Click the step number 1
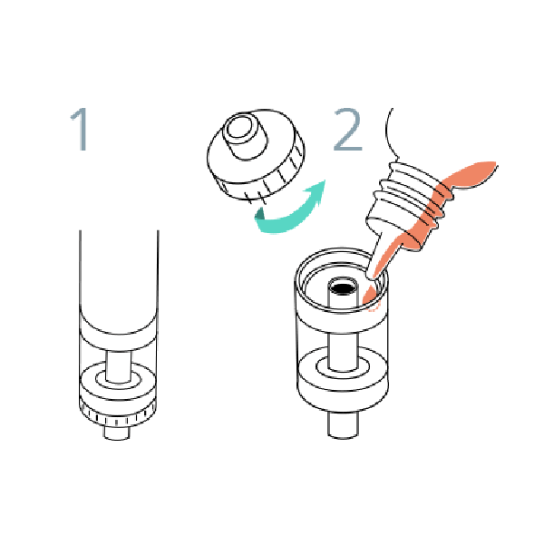(81, 129)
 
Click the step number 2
(347, 129)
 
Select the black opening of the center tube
(343, 288)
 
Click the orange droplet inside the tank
(370, 296)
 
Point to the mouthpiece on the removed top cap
(244, 135)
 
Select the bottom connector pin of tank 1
(117, 433)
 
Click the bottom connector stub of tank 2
(343, 424)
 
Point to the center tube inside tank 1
(119, 367)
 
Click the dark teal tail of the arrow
(259, 214)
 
